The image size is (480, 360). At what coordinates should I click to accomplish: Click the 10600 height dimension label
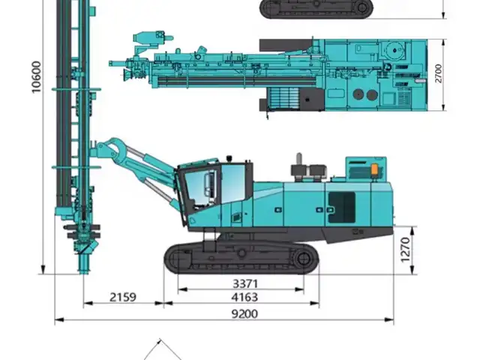(36, 76)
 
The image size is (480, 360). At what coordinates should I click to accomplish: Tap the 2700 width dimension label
(438, 73)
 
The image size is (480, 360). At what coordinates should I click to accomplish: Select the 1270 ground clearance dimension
(405, 250)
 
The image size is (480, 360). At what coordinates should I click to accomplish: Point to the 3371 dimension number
(245, 283)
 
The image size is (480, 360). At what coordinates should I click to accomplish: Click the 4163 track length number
(244, 297)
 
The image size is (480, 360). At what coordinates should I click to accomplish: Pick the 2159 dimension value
(123, 297)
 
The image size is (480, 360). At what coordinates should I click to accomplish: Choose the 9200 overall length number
(244, 314)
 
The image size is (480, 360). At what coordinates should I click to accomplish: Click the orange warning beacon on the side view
(375, 170)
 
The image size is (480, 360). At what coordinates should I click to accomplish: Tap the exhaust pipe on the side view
(299, 159)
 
